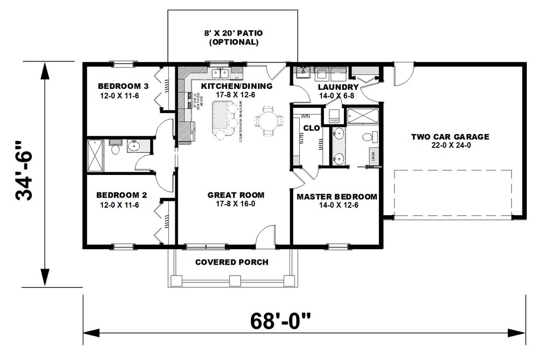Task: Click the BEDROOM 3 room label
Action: pos(123,86)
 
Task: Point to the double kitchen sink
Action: pos(221,73)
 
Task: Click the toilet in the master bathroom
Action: pos(367,137)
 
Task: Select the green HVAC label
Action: pos(335,121)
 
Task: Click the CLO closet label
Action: pos(311,129)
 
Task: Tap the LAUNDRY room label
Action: pos(338,87)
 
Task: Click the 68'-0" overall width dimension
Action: pos(280,322)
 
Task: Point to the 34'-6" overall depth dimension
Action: pos(26,171)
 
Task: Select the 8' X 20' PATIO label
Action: pos(232,33)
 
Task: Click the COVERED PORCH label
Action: pos(231,262)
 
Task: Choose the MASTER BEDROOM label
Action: pos(337,196)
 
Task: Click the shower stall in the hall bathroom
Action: pos(94,156)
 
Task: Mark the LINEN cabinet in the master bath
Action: pos(373,156)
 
